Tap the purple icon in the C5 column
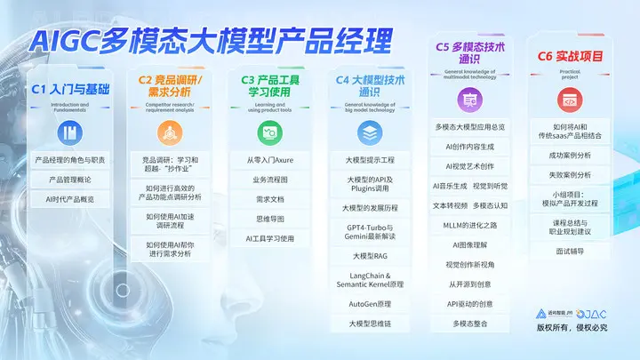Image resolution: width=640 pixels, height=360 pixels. pyautogui.click(x=471, y=102)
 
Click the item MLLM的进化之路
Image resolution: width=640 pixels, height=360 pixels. pyautogui.click(x=471, y=225)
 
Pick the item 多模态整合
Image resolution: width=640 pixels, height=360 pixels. pyautogui.click(x=471, y=324)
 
